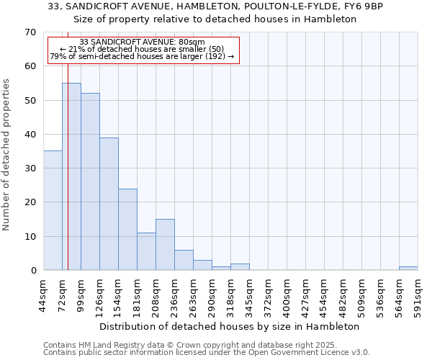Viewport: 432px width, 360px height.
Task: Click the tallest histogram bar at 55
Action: pyautogui.click(x=71, y=176)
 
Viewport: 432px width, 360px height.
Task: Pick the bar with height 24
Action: pyautogui.click(x=127, y=229)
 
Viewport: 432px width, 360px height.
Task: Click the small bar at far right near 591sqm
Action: pyautogui.click(x=408, y=269)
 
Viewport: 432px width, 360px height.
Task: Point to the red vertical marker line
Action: pyautogui.click(x=68, y=180)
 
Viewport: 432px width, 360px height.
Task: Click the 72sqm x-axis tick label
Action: pyautogui.click(x=63, y=293)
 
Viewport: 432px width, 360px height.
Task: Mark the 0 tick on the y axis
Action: pyautogui.click(x=32, y=271)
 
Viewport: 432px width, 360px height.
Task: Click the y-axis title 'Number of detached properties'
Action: pyautogui.click(x=7, y=155)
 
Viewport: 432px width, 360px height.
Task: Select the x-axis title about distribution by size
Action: pyautogui.click(x=229, y=326)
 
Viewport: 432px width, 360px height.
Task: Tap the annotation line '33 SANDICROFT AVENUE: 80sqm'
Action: pyautogui.click(x=143, y=42)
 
